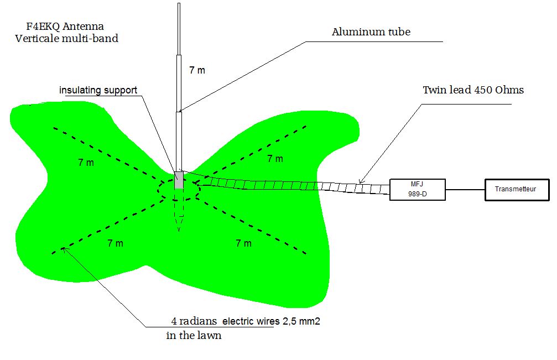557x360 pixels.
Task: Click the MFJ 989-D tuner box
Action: (417, 190)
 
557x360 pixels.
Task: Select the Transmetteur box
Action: (517, 190)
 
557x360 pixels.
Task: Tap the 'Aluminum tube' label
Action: (371, 32)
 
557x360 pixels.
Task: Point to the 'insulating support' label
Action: (99, 90)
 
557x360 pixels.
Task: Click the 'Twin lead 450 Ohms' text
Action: (473, 90)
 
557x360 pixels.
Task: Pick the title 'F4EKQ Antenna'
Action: (65, 27)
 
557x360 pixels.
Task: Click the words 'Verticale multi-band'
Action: (67, 39)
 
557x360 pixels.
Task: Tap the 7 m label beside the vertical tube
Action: (197, 70)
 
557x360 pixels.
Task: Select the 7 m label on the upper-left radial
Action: (86, 163)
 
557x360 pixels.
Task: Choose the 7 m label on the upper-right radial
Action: (275, 159)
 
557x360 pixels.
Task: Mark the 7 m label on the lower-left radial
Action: (116, 243)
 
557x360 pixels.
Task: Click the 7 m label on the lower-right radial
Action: (243, 243)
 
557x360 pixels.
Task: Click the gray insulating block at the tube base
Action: (179, 180)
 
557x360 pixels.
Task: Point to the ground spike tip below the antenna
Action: (179, 229)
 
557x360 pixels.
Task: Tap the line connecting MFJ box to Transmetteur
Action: (465, 190)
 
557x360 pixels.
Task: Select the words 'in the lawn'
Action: (194, 336)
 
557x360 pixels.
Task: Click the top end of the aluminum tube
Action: (179, 4)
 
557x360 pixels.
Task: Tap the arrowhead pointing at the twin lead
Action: (360, 181)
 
